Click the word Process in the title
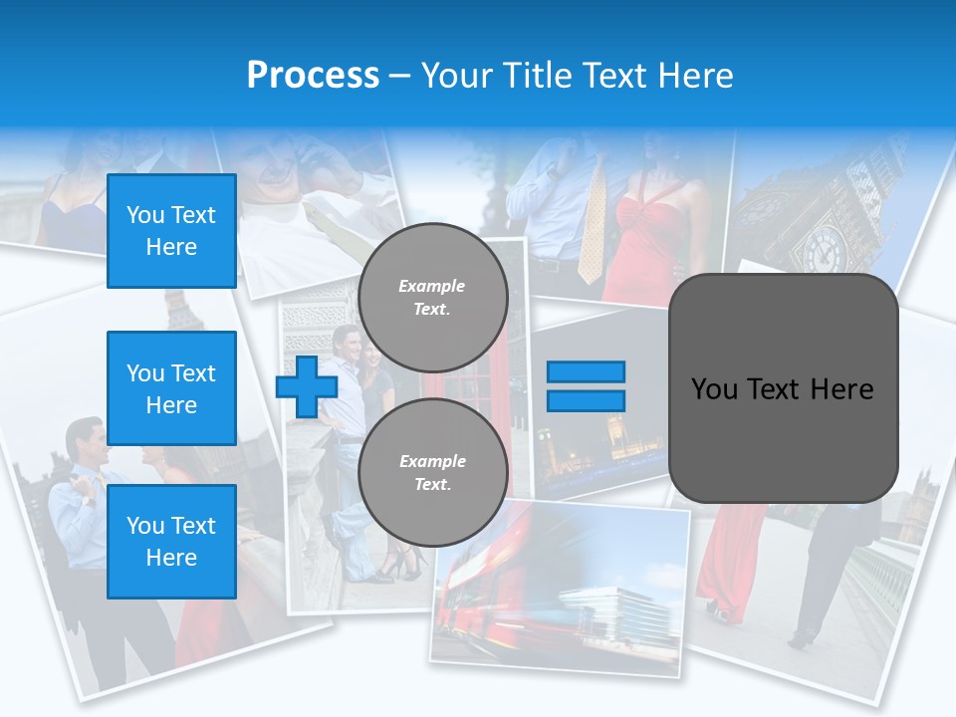[313, 76]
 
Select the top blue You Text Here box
[171, 231]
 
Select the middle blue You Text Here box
[171, 388]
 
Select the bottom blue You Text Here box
[171, 541]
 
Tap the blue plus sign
[306, 387]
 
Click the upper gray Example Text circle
[432, 298]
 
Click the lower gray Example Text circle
[432, 472]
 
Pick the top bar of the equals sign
[586, 372]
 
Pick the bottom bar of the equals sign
[586, 401]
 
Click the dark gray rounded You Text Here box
[783, 388]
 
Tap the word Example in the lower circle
[432, 461]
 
